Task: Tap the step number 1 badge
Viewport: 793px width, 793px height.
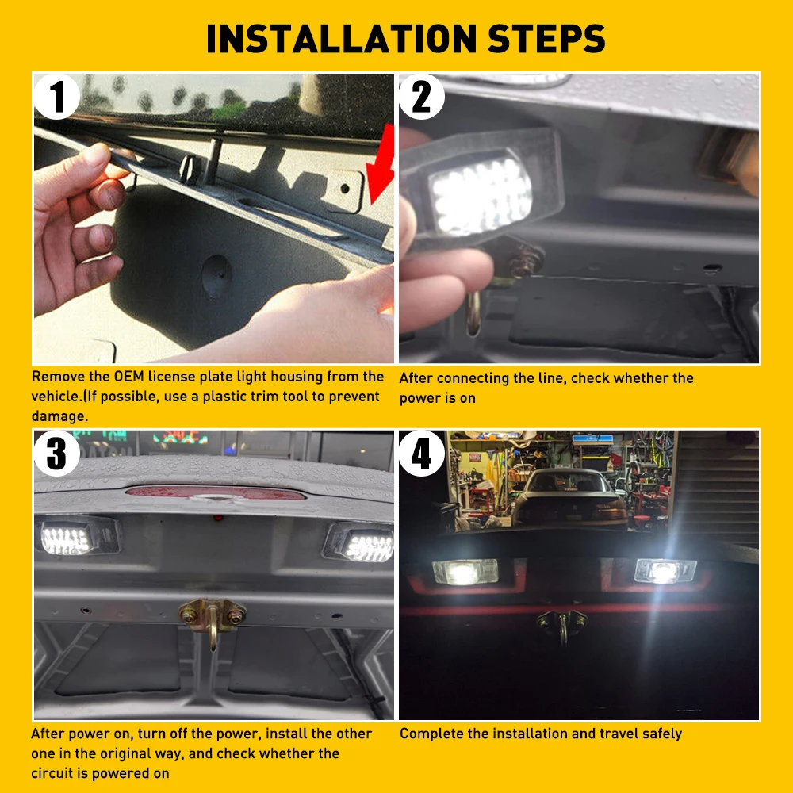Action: click(x=58, y=98)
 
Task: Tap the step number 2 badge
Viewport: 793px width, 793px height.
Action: click(x=422, y=98)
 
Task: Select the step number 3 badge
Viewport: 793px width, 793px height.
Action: click(x=58, y=454)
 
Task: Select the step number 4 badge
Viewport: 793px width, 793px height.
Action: click(x=422, y=454)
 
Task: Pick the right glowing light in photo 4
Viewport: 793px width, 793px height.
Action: click(x=665, y=571)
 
